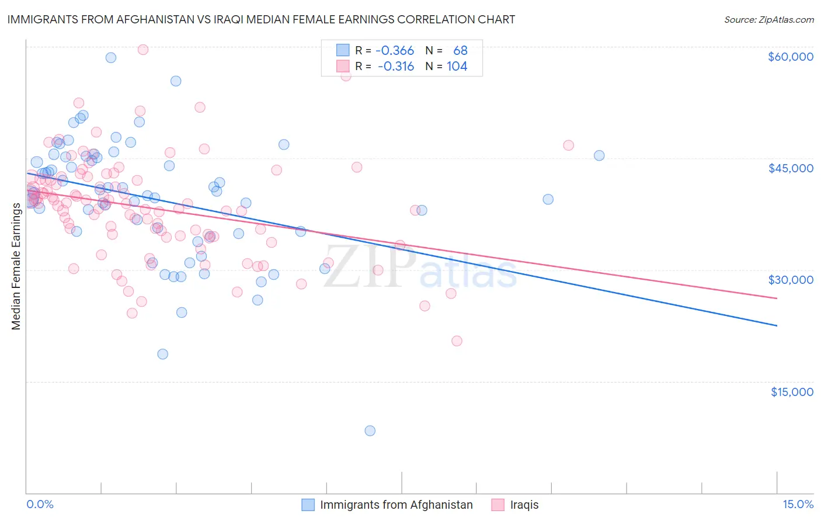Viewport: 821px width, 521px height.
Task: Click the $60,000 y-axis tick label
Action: [x=790, y=57]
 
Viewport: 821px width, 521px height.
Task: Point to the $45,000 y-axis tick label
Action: [x=790, y=168]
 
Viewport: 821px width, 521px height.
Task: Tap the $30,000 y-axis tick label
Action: [x=790, y=280]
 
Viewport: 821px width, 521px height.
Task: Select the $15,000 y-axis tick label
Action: [x=792, y=391]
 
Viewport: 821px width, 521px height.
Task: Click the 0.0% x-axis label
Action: [x=40, y=504]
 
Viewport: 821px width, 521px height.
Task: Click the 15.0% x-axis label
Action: [x=798, y=504]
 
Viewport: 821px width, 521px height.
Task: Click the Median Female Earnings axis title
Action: [x=16, y=266]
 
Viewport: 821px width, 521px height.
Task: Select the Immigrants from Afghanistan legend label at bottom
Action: [x=396, y=505]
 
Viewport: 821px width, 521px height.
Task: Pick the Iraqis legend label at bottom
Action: [x=524, y=505]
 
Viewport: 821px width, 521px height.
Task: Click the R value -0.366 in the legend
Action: [x=395, y=51]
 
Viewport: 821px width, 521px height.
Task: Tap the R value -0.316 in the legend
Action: [x=395, y=67]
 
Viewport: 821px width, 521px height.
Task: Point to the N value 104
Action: [x=457, y=67]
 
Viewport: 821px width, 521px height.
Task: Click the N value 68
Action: [x=460, y=51]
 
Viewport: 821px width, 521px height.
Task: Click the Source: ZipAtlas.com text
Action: [x=768, y=20]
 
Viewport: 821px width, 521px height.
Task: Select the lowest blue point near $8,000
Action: [x=370, y=430]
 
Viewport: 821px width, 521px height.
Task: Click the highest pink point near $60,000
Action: [x=142, y=50]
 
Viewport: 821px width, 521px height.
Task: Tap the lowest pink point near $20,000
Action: [x=457, y=341]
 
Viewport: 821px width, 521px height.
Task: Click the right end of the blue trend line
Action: [x=777, y=325]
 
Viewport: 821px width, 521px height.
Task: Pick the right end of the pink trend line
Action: [x=777, y=298]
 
